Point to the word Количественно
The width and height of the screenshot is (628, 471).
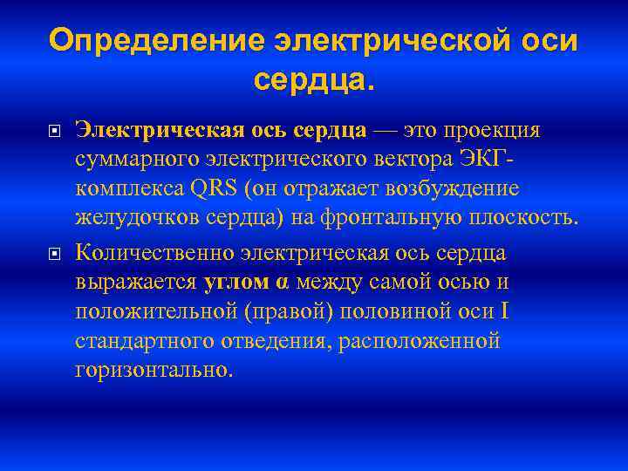coord(154,252)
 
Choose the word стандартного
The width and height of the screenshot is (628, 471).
coord(141,342)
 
